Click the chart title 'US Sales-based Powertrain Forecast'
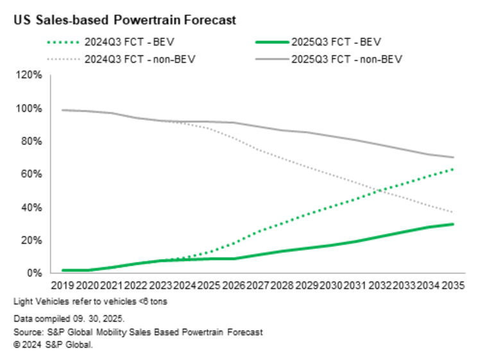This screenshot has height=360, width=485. click(x=124, y=20)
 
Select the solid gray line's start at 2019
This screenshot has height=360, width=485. click(x=63, y=110)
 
